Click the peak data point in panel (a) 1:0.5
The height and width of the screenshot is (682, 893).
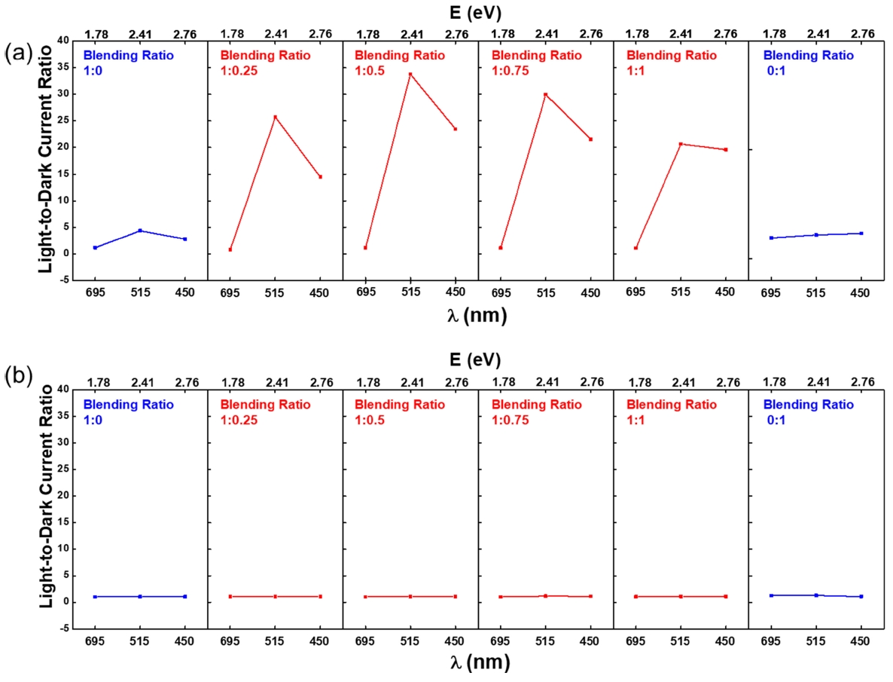(x=410, y=74)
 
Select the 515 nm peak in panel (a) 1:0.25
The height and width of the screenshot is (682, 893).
(x=275, y=117)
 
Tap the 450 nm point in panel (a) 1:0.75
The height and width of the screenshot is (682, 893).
(x=590, y=139)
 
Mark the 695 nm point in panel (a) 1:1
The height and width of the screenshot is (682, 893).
(x=635, y=248)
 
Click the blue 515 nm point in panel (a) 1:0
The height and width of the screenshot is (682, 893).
(x=139, y=231)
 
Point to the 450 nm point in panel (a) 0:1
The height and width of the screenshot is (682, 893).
(x=861, y=234)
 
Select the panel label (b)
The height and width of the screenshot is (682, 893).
(x=17, y=375)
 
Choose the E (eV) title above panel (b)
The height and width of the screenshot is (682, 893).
(x=472, y=359)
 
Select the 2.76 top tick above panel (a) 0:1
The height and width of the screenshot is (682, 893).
(x=862, y=34)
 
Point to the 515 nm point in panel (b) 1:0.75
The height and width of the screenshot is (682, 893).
(x=545, y=596)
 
